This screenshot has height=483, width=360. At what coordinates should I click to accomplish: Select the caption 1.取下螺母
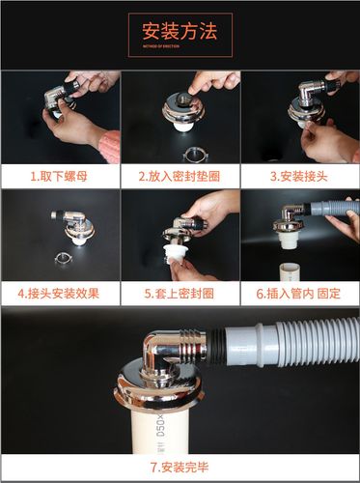point(60,177)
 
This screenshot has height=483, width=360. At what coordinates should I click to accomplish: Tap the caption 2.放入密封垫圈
point(180,177)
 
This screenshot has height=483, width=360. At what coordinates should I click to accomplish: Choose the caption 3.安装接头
point(299,177)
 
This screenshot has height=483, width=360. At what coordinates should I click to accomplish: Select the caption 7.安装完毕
point(180,467)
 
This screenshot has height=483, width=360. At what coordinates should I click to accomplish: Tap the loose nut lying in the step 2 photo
point(180,152)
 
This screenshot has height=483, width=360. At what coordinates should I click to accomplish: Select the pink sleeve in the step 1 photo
point(109,147)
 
